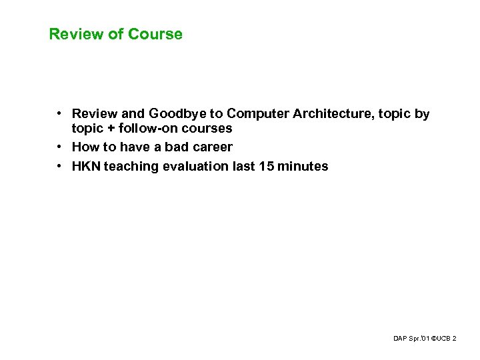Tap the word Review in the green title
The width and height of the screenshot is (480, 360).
tap(74, 34)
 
